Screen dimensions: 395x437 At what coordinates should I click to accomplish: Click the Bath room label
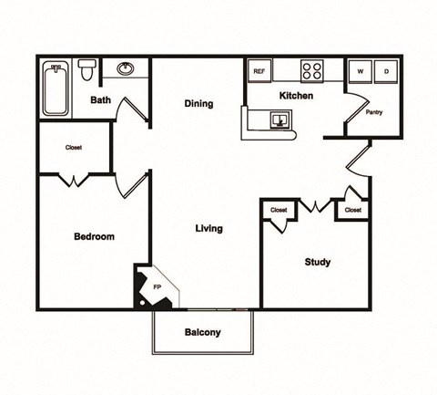tap(100, 102)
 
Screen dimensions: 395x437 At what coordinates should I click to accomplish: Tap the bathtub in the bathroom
tap(56, 88)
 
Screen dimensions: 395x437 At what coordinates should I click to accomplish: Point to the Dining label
tap(198, 104)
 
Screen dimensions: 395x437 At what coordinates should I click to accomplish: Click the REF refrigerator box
tap(259, 70)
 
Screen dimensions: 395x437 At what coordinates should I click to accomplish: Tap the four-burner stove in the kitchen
tap(312, 70)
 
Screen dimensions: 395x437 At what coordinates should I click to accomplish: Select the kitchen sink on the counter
tap(279, 120)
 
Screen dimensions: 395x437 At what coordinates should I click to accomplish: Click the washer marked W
tap(361, 71)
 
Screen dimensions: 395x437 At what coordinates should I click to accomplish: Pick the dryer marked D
tap(386, 71)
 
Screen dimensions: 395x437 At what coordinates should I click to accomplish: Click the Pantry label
tap(373, 113)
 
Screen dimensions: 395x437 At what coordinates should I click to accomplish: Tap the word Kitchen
tap(296, 96)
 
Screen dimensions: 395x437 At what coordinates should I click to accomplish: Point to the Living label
tap(209, 228)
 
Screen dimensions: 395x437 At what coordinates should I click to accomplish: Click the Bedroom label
tap(94, 236)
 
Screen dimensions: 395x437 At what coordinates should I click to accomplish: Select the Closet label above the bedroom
tap(74, 148)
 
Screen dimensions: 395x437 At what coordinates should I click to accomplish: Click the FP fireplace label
tap(157, 287)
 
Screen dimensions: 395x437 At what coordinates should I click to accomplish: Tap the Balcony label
tap(202, 332)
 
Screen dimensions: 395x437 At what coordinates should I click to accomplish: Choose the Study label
tap(317, 263)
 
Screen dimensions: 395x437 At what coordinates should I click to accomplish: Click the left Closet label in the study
tap(279, 211)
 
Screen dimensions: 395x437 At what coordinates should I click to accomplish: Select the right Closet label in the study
tap(352, 211)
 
